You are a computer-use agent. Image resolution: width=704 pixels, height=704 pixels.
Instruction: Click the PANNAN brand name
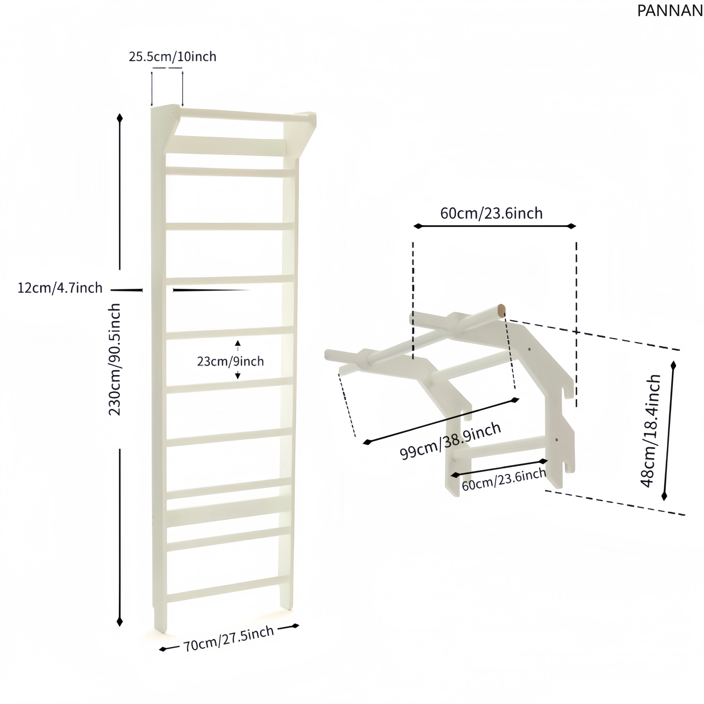669,11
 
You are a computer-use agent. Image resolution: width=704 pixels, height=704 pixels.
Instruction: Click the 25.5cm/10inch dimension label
172,57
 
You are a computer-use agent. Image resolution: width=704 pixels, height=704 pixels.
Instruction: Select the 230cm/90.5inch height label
115,359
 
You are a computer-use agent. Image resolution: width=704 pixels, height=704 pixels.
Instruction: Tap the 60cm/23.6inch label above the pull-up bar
491,213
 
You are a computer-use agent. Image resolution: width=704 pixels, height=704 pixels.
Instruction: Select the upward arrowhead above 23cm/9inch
238,343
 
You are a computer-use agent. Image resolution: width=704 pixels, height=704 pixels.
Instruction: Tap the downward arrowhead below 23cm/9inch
238,376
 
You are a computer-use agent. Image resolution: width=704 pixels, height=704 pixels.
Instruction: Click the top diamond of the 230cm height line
120,118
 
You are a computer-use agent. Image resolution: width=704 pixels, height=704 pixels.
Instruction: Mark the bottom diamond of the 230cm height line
120,621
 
